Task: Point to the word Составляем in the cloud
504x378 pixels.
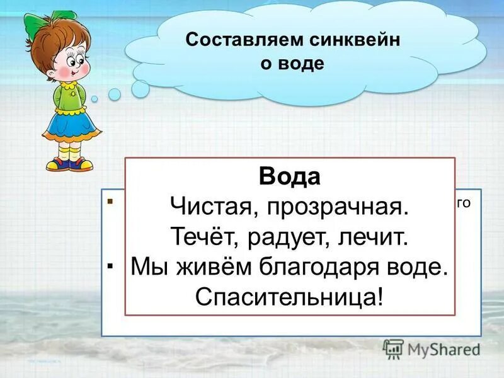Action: (x=243, y=39)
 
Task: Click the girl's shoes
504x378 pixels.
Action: (x=69, y=164)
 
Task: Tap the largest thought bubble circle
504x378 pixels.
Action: (x=140, y=88)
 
